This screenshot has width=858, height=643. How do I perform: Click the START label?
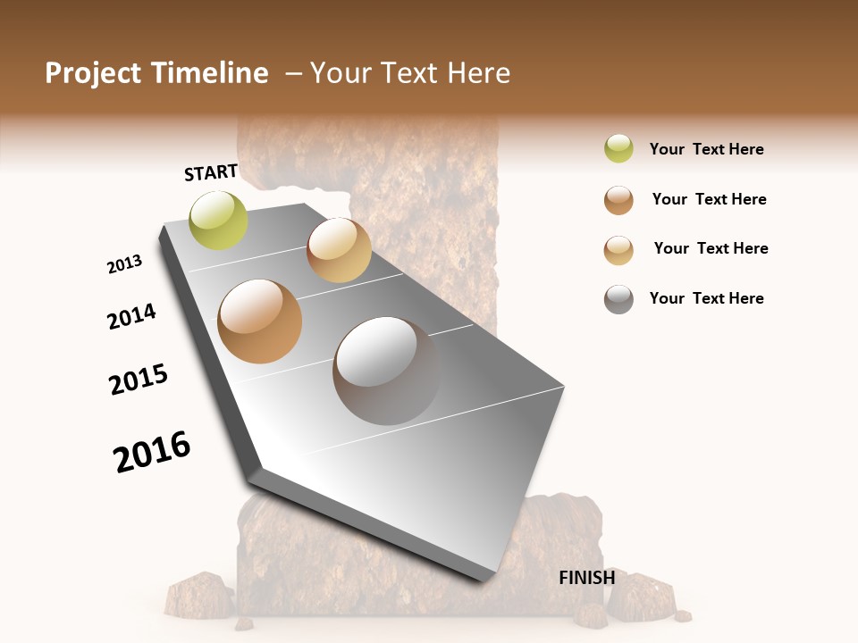pyautogui.click(x=211, y=172)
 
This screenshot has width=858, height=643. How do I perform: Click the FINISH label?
pyautogui.click(x=586, y=578)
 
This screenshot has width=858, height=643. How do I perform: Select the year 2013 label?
pyautogui.click(x=124, y=264)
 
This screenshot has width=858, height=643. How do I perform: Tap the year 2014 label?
pyautogui.click(x=131, y=316)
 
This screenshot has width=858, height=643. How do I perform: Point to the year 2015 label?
pyautogui.click(x=139, y=380)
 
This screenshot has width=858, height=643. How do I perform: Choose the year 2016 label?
pyautogui.click(x=152, y=452)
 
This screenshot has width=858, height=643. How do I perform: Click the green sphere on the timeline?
pyautogui.click(x=218, y=220)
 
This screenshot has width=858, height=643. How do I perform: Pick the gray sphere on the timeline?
pyautogui.click(x=386, y=370)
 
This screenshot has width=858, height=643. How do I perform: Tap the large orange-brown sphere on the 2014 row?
pyautogui.click(x=260, y=321)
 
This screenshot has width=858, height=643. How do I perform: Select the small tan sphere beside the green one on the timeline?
pyautogui.click(x=339, y=250)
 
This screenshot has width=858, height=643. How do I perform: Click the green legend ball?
pyautogui.click(x=618, y=148)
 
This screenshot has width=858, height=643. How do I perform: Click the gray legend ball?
pyautogui.click(x=618, y=299)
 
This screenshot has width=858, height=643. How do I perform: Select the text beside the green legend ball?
pyautogui.click(x=706, y=149)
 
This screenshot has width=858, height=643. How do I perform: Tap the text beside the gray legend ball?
pyautogui.click(x=706, y=298)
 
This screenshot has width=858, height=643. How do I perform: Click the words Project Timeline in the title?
pyautogui.click(x=156, y=73)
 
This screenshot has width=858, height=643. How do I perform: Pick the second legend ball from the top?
pyautogui.click(x=618, y=200)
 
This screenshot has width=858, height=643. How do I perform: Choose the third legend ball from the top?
pyautogui.click(x=618, y=250)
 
